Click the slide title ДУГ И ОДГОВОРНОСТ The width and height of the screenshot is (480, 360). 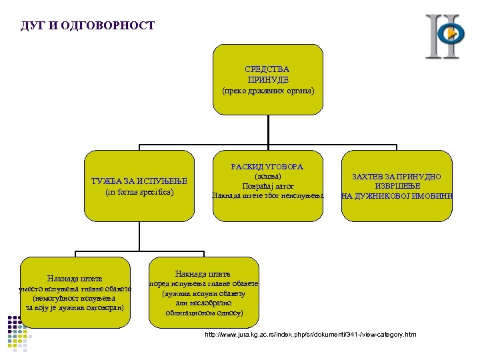pos(88,26)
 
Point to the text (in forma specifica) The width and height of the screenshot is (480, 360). pos(139,192)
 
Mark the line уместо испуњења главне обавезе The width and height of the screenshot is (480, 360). pos(75,289)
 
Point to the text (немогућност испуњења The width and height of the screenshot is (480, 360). pos(75,298)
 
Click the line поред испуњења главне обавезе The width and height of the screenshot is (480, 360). pos(203,284)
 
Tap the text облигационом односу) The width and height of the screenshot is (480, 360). pos(203,312)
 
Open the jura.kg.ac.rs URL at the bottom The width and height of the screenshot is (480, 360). pos(310,334)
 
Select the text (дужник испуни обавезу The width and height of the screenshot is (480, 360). pos(203,293)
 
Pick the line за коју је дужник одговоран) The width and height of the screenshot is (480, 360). pos(75,308)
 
